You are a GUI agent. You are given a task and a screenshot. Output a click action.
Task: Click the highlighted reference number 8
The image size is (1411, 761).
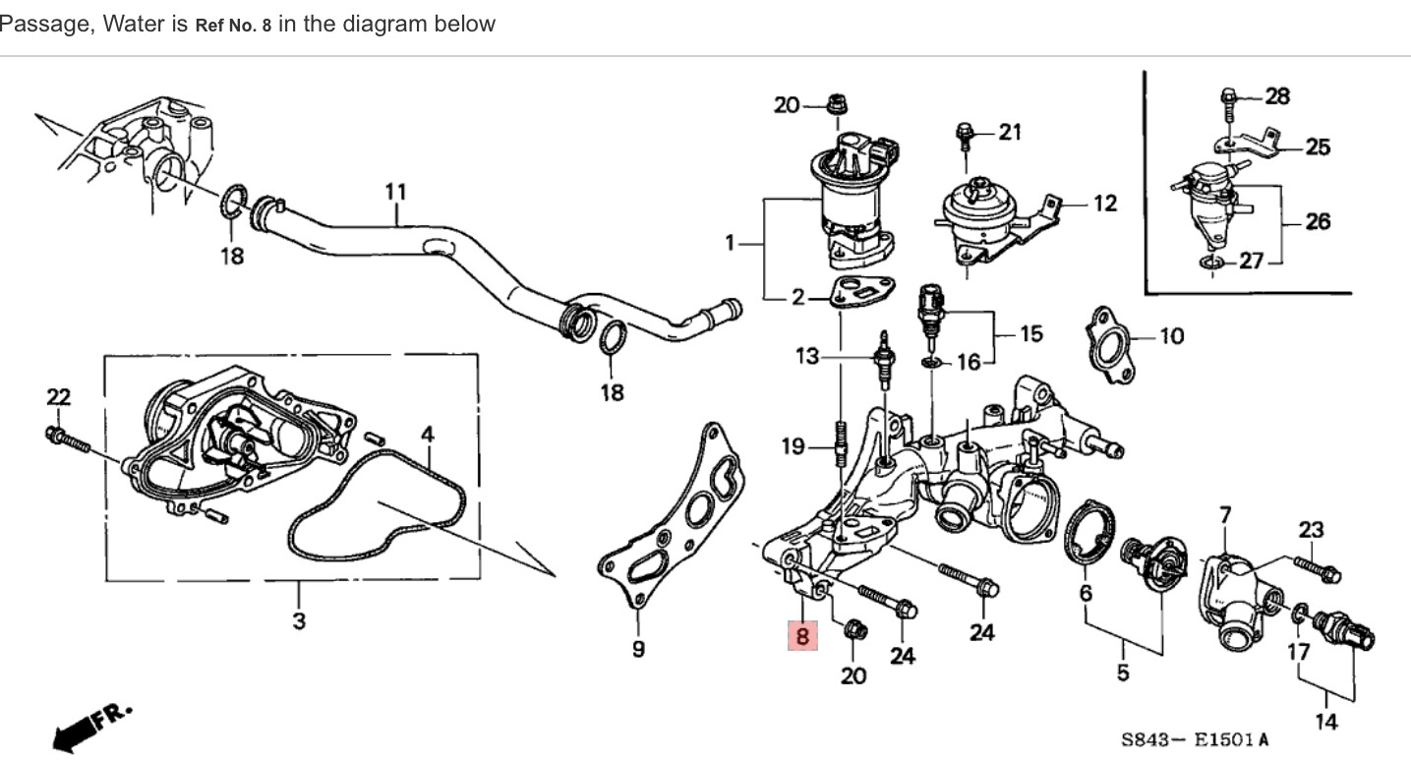[802, 636]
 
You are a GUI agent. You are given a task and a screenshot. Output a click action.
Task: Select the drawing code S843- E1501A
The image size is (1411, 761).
[1195, 739]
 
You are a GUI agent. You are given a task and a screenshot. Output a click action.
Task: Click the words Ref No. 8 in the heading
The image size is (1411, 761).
[233, 26]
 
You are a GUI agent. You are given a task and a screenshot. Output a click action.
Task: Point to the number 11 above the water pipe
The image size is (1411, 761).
[395, 192]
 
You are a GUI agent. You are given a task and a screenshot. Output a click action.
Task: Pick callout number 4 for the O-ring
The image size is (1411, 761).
[428, 434]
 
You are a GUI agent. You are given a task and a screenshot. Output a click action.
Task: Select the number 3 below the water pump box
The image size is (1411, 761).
[299, 620]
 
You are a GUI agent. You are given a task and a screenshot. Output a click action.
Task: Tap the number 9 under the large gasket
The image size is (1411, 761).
[638, 650]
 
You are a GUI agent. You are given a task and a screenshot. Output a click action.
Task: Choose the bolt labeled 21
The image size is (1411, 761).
[966, 137]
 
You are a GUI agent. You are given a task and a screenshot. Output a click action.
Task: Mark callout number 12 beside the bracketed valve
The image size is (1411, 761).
[1105, 204]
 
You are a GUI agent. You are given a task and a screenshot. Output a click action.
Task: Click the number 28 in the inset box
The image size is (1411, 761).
[1277, 96]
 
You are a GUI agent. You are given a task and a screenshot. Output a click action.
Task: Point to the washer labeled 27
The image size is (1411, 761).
[1210, 263]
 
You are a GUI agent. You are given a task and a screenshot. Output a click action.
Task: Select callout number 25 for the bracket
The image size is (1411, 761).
[1318, 147]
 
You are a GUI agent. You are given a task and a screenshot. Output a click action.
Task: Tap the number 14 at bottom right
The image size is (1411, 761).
[1326, 721]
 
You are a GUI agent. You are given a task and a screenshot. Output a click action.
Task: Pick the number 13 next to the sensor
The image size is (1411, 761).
[807, 356]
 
